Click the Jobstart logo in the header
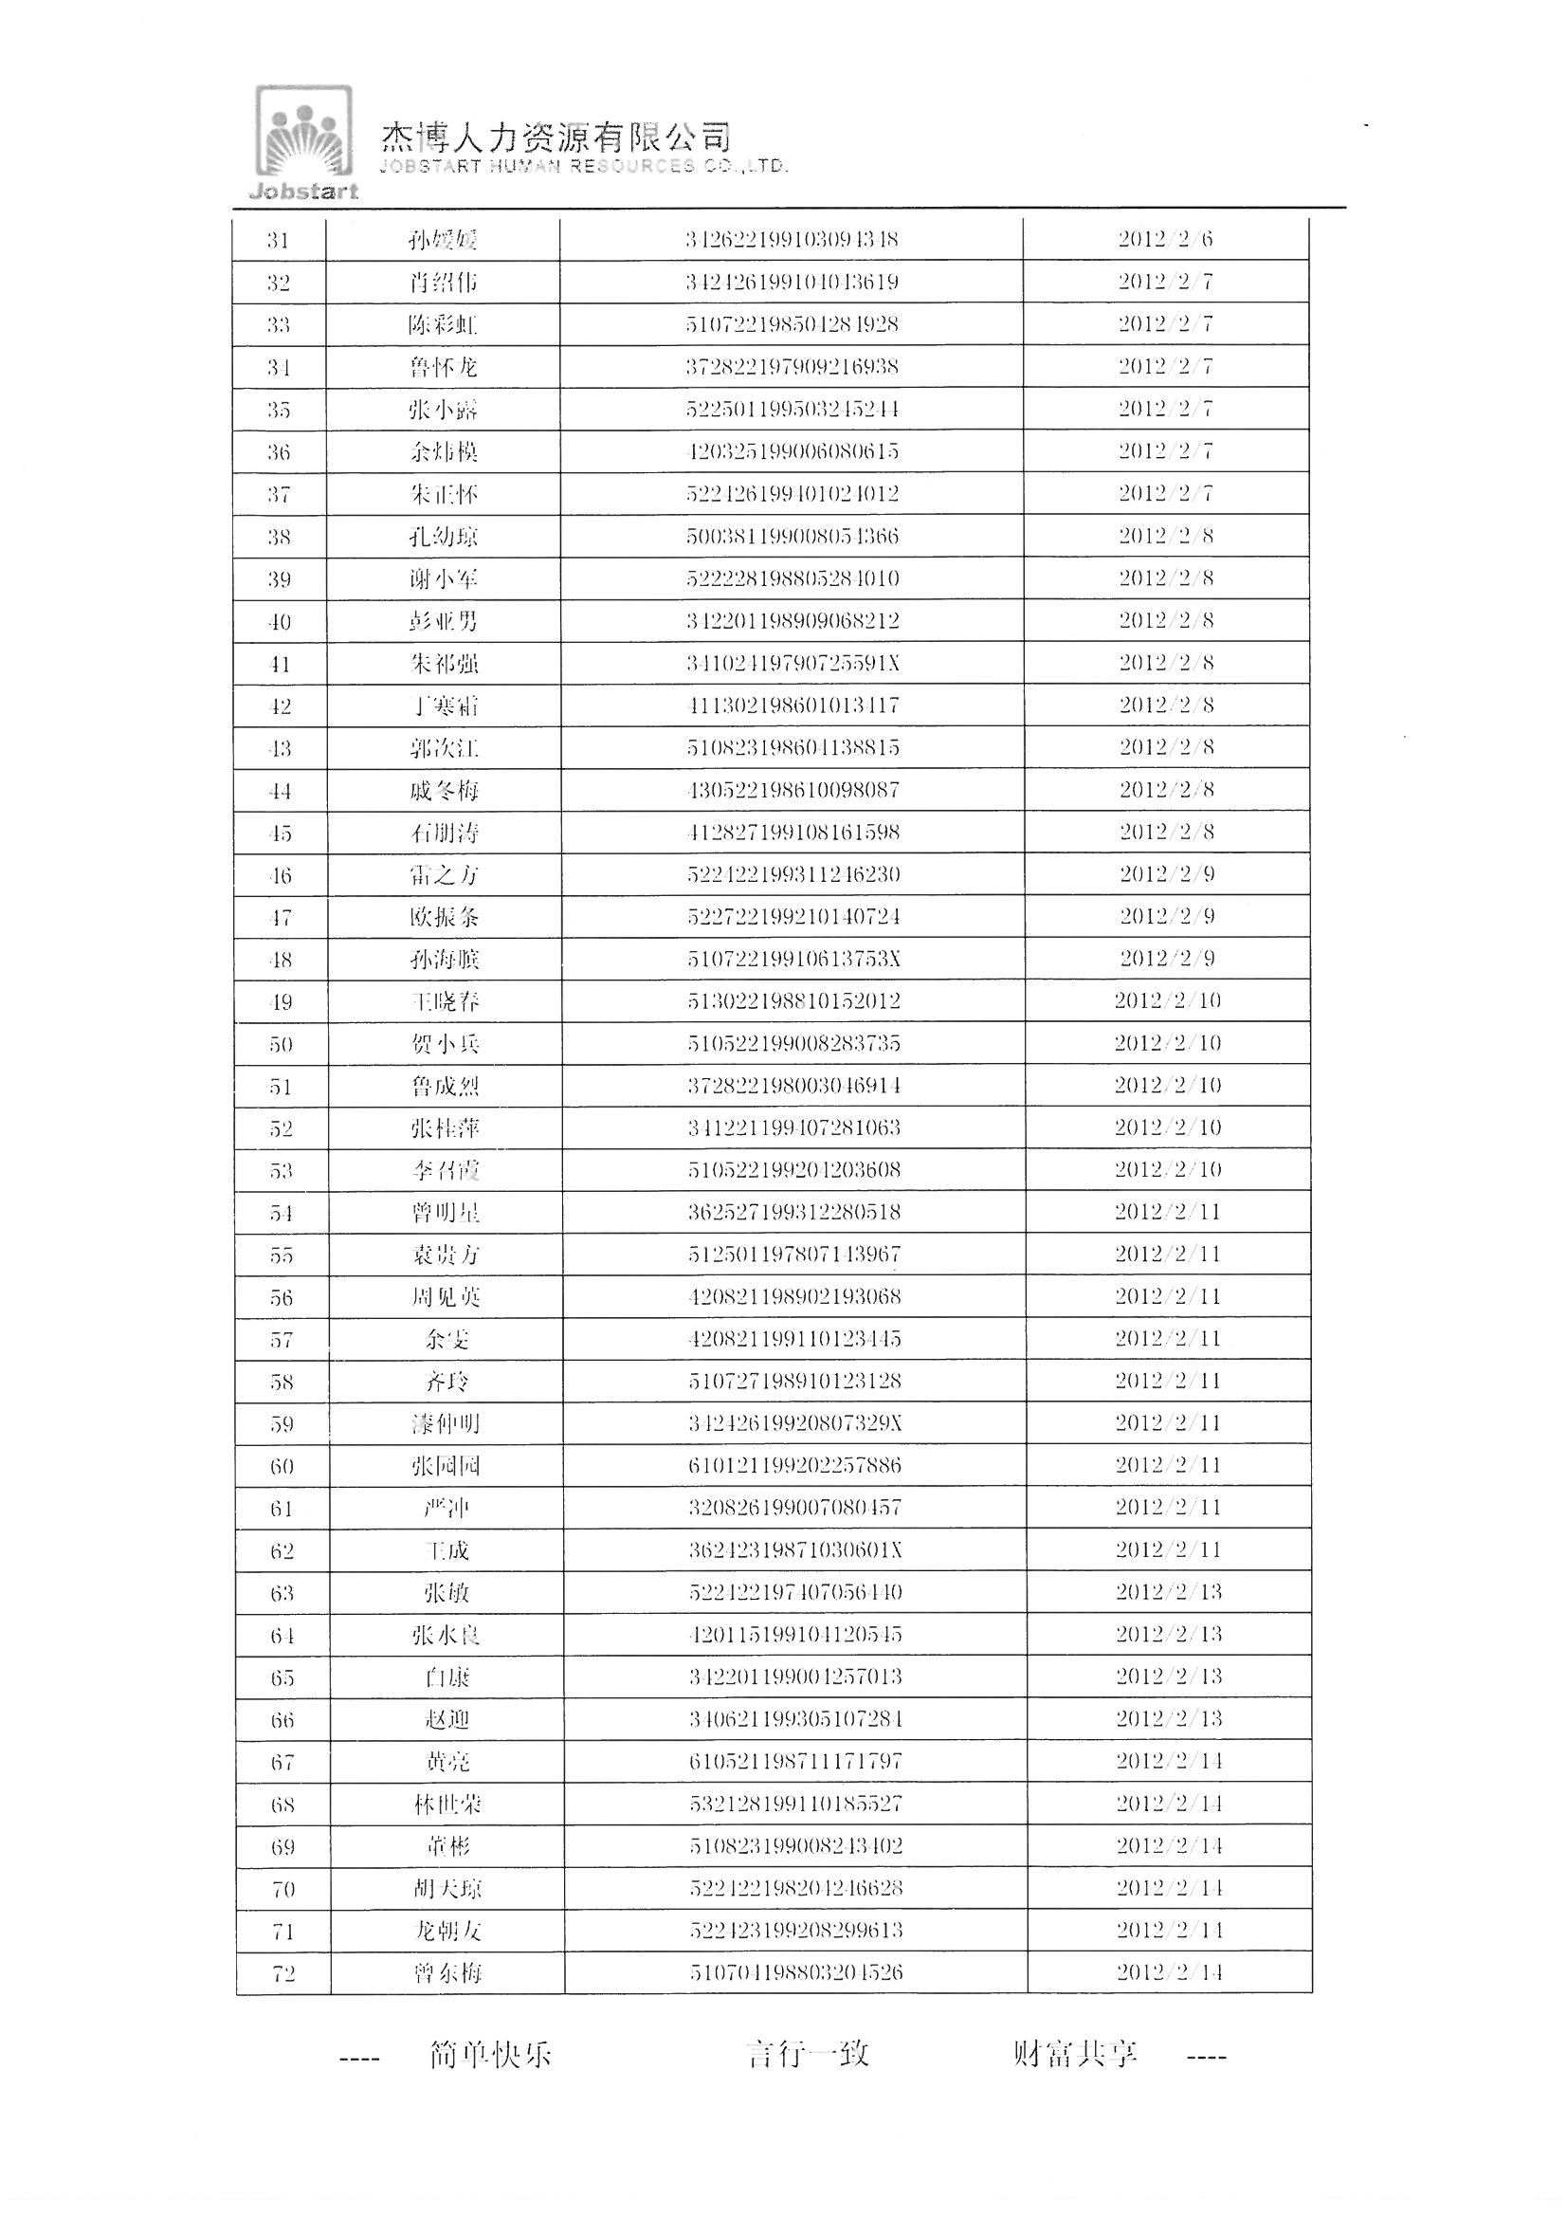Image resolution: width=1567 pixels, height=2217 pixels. pos(303,143)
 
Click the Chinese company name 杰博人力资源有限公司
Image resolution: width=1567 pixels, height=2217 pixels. pos(556,138)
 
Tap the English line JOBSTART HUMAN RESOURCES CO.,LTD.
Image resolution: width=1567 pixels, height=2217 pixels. pos(583,166)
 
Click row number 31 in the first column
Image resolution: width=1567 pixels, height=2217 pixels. pos(278,240)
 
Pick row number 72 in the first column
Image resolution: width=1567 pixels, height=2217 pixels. pos(282,1973)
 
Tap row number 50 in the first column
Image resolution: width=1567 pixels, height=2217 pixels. pos(281,1044)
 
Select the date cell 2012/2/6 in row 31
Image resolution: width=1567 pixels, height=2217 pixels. pos(1165,239)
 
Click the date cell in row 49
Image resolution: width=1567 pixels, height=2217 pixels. pos(1167,1000)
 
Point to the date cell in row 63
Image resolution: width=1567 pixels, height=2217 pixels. pos(1168,1592)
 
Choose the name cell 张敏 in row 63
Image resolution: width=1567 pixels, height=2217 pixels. pos(446,1593)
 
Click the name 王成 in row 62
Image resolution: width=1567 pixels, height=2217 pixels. pos(446,1550)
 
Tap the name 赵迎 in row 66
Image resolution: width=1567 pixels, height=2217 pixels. pos(446,1720)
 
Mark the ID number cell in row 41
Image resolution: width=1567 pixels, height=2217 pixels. pos(793,664)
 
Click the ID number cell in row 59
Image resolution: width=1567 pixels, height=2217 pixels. pos(794,1423)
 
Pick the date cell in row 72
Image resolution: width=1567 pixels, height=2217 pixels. pos(1169,1972)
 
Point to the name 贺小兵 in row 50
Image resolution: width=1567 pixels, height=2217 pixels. pos(446,1044)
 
